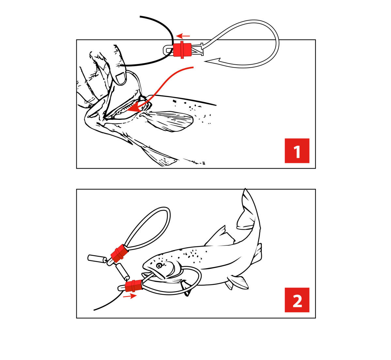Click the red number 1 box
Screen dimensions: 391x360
[x=297, y=151]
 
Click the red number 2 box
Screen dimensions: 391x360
[x=297, y=300]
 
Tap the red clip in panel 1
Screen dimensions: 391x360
[x=182, y=50]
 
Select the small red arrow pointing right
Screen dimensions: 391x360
[x=130, y=296]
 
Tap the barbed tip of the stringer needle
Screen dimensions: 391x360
[x=212, y=60]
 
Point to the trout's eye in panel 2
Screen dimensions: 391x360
[x=159, y=266]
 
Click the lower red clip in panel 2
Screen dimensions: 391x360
[x=133, y=286]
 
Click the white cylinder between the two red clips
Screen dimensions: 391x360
[x=123, y=272]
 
